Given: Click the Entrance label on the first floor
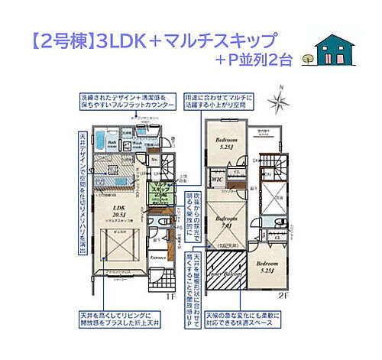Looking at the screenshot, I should click(x=159, y=258).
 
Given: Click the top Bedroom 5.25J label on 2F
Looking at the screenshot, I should click(x=225, y=143).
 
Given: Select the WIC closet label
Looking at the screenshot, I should click(x=217, y=180).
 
